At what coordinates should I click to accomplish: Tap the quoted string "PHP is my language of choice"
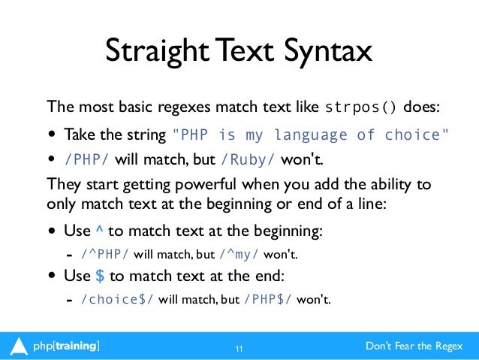(312, 135)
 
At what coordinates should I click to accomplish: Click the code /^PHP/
(105, 253)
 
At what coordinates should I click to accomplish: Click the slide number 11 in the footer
(239, 348)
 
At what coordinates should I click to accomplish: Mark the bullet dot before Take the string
(53, 136)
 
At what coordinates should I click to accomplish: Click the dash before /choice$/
(70, 299)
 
